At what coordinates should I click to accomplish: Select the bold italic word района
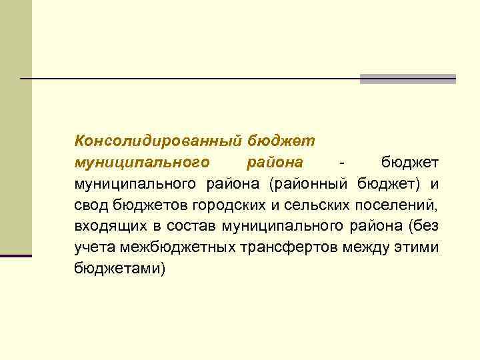(x=275, y=162)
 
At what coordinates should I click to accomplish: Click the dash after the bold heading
(x=341, y=162)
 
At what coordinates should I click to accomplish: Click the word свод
(x=89, y=205)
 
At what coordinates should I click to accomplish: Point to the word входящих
(x=105, y=226)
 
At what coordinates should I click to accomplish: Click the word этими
(x=418, y=247)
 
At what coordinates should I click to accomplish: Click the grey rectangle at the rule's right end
(x=407, y=79)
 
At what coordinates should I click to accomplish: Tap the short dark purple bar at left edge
(x=15, y=255)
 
